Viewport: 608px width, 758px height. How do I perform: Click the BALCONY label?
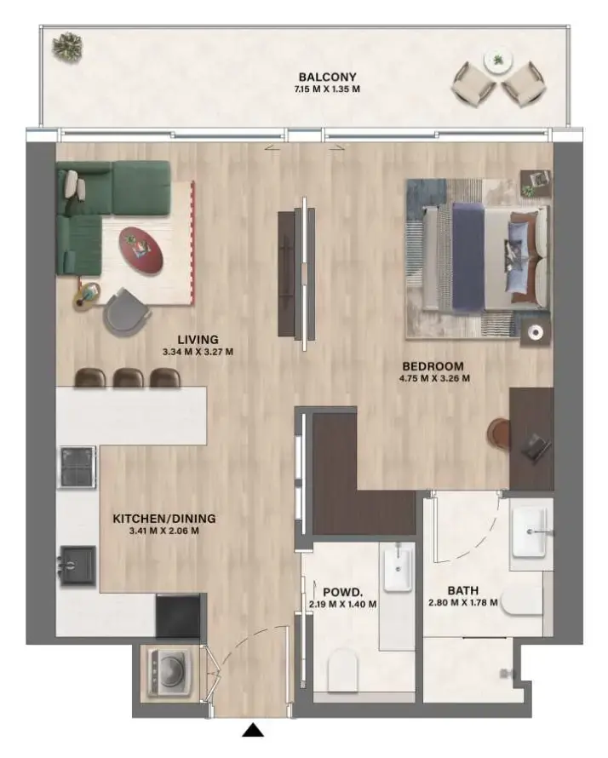321,78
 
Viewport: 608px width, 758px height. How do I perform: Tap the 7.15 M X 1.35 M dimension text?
321,89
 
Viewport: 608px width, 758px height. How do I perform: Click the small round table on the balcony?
496,60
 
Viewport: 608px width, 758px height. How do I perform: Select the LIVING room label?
198,339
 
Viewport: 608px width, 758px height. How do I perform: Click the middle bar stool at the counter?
127,377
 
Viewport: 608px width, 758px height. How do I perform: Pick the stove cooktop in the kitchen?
77,466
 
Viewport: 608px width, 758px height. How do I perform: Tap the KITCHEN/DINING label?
164,518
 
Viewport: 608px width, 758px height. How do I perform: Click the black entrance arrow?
253,729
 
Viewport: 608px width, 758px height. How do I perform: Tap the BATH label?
463,589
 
